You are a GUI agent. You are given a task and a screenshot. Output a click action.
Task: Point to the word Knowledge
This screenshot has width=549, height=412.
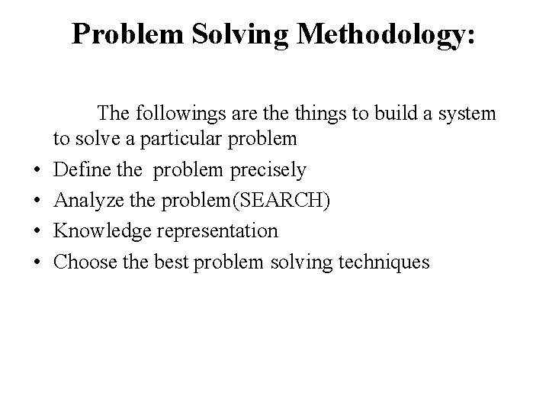point(95,230)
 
